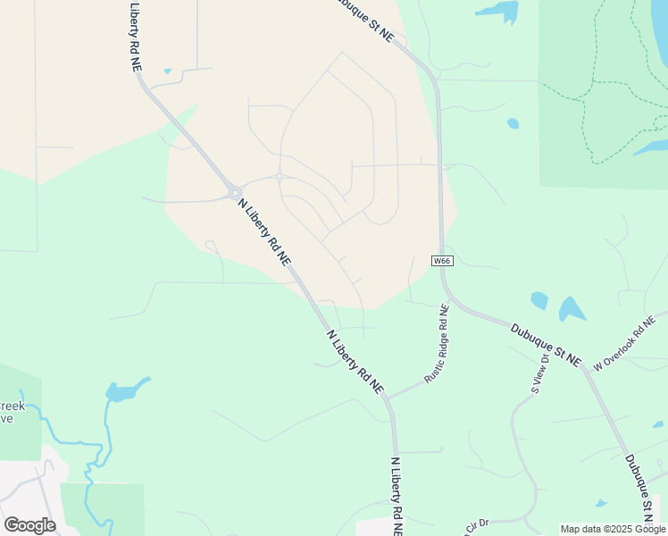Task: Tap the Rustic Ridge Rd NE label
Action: [437, 344]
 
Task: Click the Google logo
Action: [29, 525]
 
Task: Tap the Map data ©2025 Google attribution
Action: [614, 529]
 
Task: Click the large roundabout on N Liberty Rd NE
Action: [235, 192]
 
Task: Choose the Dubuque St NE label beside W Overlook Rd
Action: [546, 344]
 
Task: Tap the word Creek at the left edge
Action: [13, 406]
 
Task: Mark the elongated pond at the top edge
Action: [498, 11]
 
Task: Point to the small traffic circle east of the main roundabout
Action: [280, 176]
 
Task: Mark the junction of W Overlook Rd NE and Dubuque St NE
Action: [585, 366]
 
